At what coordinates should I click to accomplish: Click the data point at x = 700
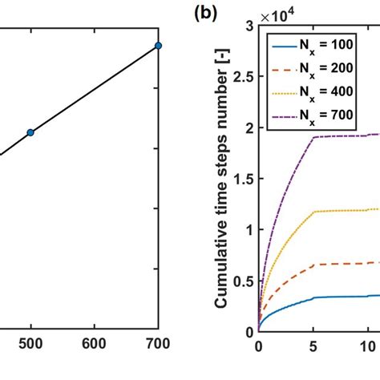coord(158,46)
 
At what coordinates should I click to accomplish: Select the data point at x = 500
coord(30,132)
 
